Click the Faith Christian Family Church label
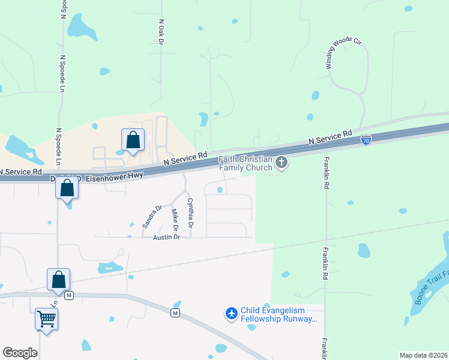pyautogui.click(x=246, y=163)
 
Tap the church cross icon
pyautogui.click(x=282, y=162)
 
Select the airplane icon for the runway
pyautogui.click(x=232, y=313)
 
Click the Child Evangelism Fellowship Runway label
pyautogui.click(x=279, y=314)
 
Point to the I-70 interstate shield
pyautogui.click(x=366, y=140)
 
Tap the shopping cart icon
pyautogui.click(x=46, y=319)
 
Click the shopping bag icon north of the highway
pyautogui.click(x=133, y=141)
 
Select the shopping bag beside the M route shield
pyautogui.click(x=58, y=280)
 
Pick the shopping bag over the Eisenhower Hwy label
pyautogui.click(x=67, y=188)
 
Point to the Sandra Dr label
pyautogui.click(x=152, y=217)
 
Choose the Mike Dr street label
pyautogui.click(x=175, y=220)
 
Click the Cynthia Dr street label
pyautogui.click(x=190, y=213)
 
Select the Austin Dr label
pyautogui.click(x=166, y=237)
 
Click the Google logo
pyautogui.click(x=20, y=353)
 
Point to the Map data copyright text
pyautogui.click(x=423, y=355)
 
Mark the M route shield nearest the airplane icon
pyautogui.click(x=175, y=313)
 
